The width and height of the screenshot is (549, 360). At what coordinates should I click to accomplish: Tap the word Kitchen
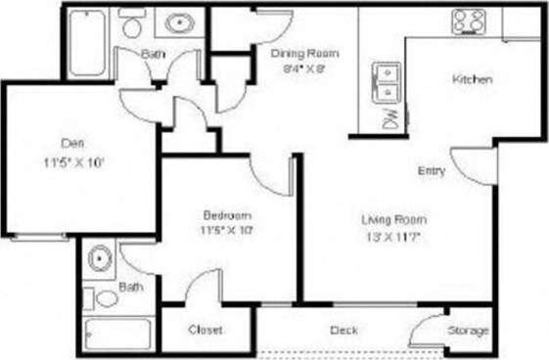471,79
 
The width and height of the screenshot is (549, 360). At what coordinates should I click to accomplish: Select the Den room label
67,142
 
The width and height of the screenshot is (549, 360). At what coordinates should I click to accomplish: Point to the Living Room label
394,219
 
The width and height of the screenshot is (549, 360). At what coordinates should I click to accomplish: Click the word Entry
432,170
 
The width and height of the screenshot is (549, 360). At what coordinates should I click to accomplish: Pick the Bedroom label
228,215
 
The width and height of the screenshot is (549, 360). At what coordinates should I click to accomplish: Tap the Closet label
206,330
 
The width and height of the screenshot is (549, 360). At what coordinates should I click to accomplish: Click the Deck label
343,330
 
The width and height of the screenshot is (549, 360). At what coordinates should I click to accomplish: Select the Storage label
468,331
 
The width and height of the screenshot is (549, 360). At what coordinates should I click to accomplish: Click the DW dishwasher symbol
389,118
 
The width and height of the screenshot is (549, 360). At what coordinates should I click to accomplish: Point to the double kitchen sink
389,82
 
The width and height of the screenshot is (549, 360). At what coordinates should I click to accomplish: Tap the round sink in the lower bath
98,259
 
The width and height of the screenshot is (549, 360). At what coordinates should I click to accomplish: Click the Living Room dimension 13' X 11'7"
394,235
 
